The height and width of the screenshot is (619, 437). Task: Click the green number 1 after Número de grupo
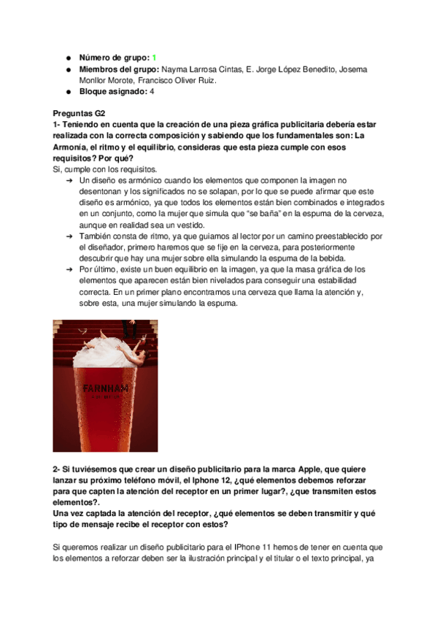155,57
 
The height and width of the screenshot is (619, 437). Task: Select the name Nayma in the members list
174,69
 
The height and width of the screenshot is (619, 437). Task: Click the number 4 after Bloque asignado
152,92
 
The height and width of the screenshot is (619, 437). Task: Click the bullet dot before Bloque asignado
67,92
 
